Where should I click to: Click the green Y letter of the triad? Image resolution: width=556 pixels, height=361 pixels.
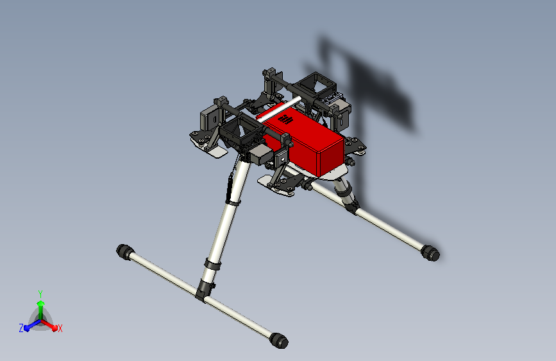[x=40, y=293]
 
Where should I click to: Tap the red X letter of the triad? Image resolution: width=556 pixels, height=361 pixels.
[x=60, y=328]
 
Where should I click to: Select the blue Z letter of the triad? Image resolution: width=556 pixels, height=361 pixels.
[x=21, y=328]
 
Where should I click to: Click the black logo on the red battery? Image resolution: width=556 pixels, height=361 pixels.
[x=287, y=119]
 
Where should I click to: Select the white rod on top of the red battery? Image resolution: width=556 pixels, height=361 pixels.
[x=279, y=109]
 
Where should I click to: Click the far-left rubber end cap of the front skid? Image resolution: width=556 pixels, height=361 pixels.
[x=124, y=251]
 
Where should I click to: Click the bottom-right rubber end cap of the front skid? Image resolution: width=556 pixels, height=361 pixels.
[x=278, y=340]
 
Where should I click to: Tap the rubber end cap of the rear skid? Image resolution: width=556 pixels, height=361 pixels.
[x=431, y=253]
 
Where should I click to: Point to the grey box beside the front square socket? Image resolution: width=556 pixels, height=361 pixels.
[x=262, y=154]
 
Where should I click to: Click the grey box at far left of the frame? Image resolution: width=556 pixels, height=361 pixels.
[x=211, y=119]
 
